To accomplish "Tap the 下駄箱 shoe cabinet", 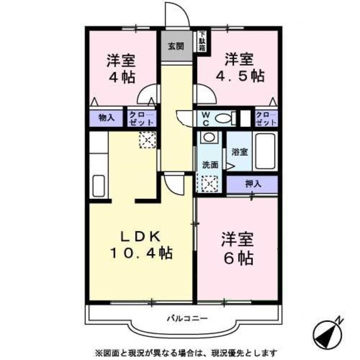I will click(201, 42).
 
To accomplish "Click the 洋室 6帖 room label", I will click(237, 248).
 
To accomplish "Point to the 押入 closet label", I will click(253, 183).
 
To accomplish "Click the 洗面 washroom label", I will click(210, 165).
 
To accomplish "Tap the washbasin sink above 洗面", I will click(209, 138).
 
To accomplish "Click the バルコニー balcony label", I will click(187, 318).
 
